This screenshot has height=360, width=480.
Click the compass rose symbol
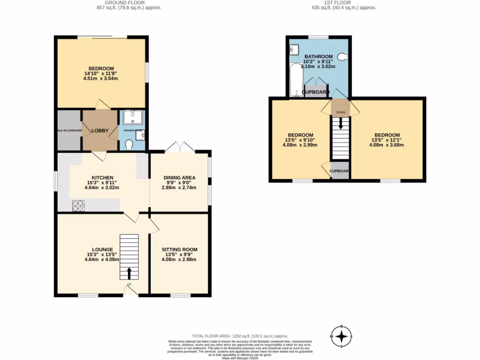[x=343, y=336]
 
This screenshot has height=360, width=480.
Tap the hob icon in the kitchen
[x=78, y=205]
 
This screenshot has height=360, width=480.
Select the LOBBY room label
[x=99, y=131]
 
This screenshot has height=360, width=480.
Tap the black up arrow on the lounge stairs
[x=130, y=272]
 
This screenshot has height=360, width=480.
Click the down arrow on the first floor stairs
[x=340, y=124]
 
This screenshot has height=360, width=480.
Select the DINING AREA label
[x=180, y=178]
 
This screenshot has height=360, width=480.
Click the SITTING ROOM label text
[x=180, y=249]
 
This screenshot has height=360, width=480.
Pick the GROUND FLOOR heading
[x=111, y=2]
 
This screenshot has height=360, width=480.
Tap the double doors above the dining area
[x=180, y=146]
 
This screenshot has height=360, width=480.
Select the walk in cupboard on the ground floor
[x=69, y=130]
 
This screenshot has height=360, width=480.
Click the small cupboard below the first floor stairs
[x=339, y=171]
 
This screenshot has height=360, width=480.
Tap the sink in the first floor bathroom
[x=294, y=49]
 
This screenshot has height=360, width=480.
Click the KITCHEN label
[x=102, y=178]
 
